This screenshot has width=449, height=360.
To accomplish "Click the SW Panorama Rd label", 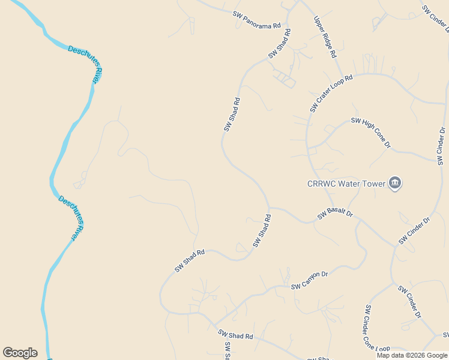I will (x=258, y=19).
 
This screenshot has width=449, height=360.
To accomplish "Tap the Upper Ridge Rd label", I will (x=325, y=37).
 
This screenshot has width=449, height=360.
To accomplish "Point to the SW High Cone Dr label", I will (x=371, y=133).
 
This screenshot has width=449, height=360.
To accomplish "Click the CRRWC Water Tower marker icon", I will (x=394, y=183).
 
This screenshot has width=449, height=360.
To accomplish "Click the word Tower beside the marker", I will (x=373, y=184).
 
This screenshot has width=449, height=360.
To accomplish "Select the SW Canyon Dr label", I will (x=310, y=281).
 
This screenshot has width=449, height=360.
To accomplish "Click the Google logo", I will (x=20, y=353).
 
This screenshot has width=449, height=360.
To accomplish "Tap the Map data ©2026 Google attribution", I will (x=412, y=355).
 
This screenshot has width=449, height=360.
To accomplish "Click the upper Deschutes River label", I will (x=85, y=64).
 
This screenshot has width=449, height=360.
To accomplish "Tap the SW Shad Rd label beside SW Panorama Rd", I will (x=279, y=44).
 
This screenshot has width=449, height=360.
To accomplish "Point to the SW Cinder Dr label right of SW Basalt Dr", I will (x=415, y=231).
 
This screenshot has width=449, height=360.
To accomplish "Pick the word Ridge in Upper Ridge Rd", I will (x=325, y=37).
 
